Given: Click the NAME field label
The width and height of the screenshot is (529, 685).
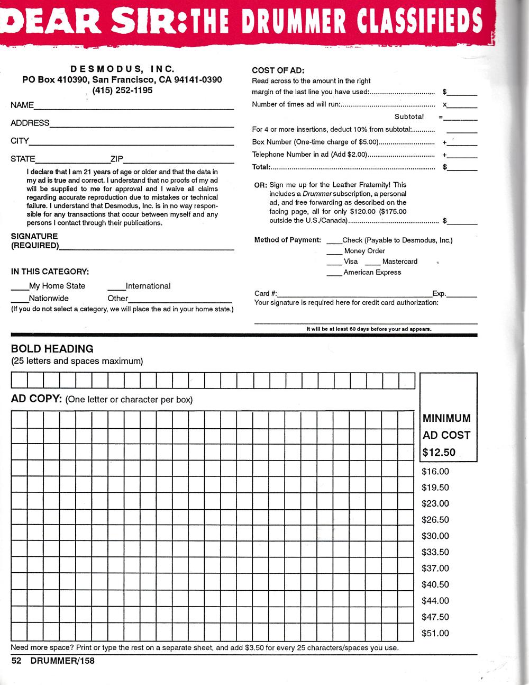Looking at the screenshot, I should click(22, 105).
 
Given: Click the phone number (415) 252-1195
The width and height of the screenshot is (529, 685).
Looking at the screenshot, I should click(122, 91).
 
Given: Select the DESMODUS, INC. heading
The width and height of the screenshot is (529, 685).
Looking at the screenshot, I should click(122, 69).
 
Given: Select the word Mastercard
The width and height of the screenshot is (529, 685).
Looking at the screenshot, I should click(399, 262).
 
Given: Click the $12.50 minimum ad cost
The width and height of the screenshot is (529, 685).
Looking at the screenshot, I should click(439, 453).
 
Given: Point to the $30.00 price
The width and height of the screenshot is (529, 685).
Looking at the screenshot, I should click(435, 536).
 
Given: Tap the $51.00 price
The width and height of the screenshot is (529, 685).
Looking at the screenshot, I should click(435, 634).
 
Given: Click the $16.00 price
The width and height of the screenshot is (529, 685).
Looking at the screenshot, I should click(435, 472).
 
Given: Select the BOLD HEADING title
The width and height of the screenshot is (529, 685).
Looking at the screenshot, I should click(52, 349).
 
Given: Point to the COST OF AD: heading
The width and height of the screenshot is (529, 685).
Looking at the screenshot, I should click(278, 70).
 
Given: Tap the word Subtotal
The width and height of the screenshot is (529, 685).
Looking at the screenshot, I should click(409, 117).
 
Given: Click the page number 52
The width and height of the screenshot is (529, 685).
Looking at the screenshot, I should click(16, 661).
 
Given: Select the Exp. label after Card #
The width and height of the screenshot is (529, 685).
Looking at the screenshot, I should click(439, 294).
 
